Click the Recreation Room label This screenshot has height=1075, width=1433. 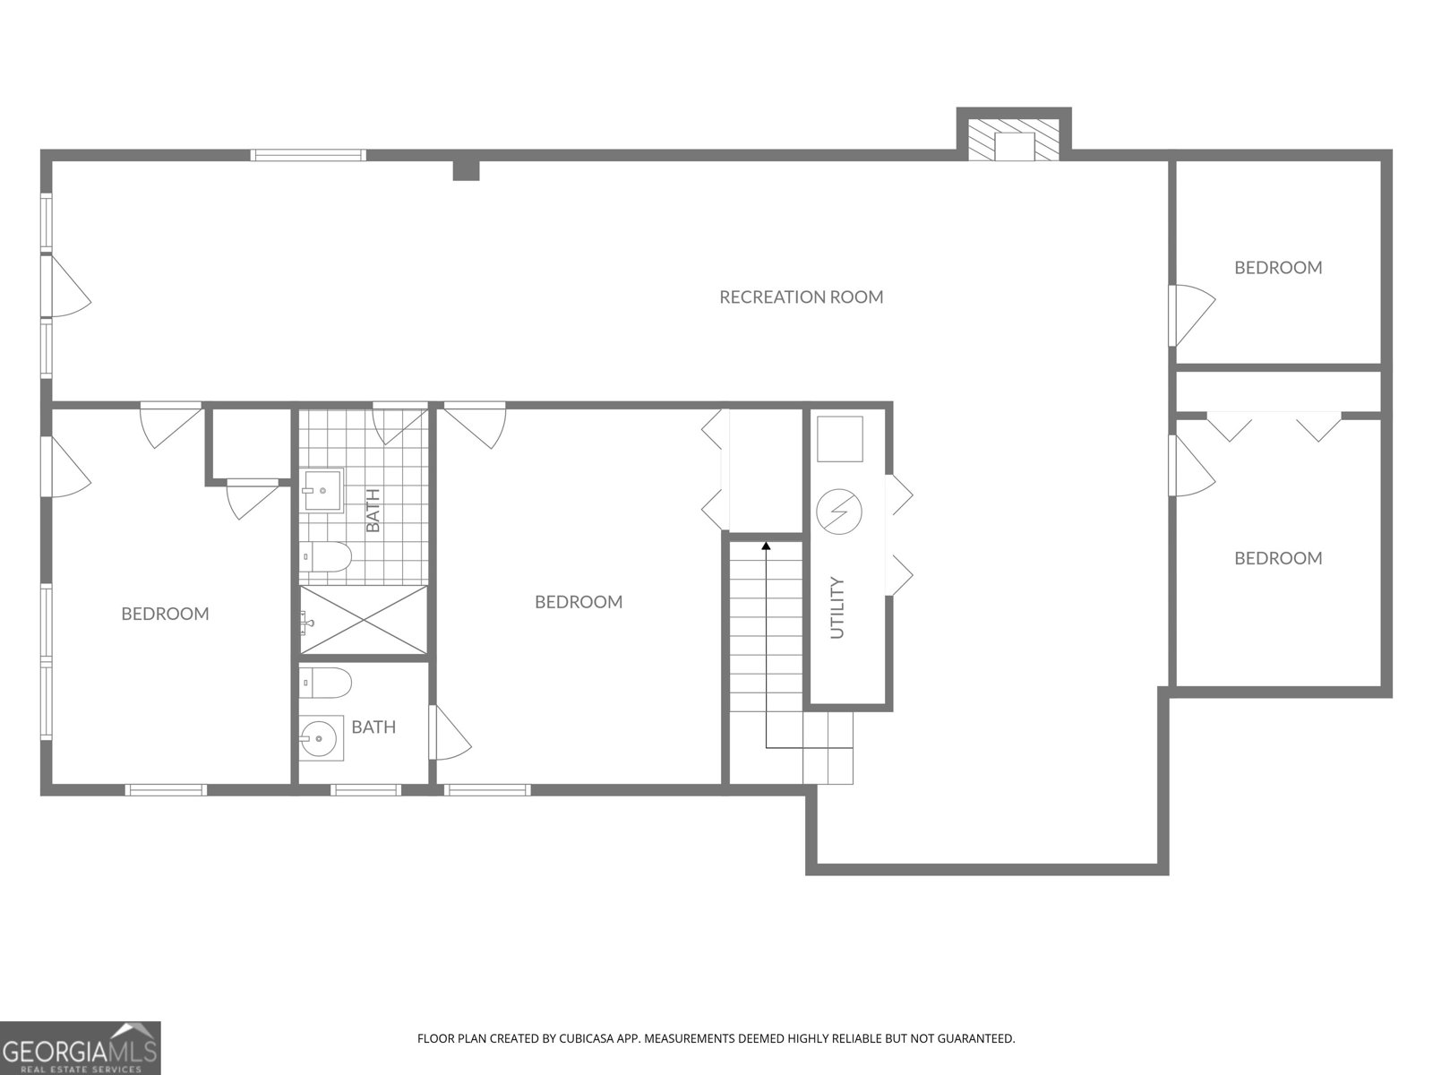[801, 297]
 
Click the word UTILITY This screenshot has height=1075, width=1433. [838, 608]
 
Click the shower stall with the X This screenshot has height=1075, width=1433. [364, 620]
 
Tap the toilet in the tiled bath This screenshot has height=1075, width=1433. [324, 557]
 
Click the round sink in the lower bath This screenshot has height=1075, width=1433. [320, 738]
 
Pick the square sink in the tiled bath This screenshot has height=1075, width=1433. [322, 490]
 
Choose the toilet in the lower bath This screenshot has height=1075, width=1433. [324, 683]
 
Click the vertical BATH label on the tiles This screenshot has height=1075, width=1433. [373, 510]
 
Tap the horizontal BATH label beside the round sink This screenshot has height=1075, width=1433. [373, 727]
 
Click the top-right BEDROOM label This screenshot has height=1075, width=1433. [1278, 268]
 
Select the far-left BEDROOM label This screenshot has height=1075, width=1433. [165, 614]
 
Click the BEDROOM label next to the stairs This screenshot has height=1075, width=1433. [579, 602]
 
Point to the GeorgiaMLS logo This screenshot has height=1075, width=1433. [81, 1047]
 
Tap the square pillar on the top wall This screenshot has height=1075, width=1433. [466, 169]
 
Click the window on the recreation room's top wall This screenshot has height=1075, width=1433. [308, 155]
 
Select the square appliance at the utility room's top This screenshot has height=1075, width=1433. [840, 440]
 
